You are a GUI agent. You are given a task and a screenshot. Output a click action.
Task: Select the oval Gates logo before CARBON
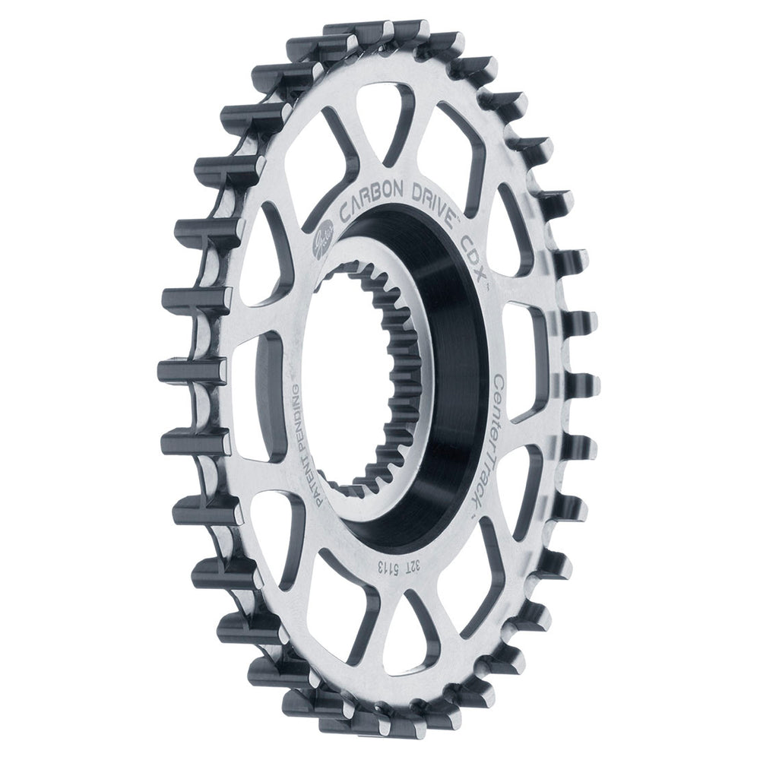[x=320, y=243]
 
